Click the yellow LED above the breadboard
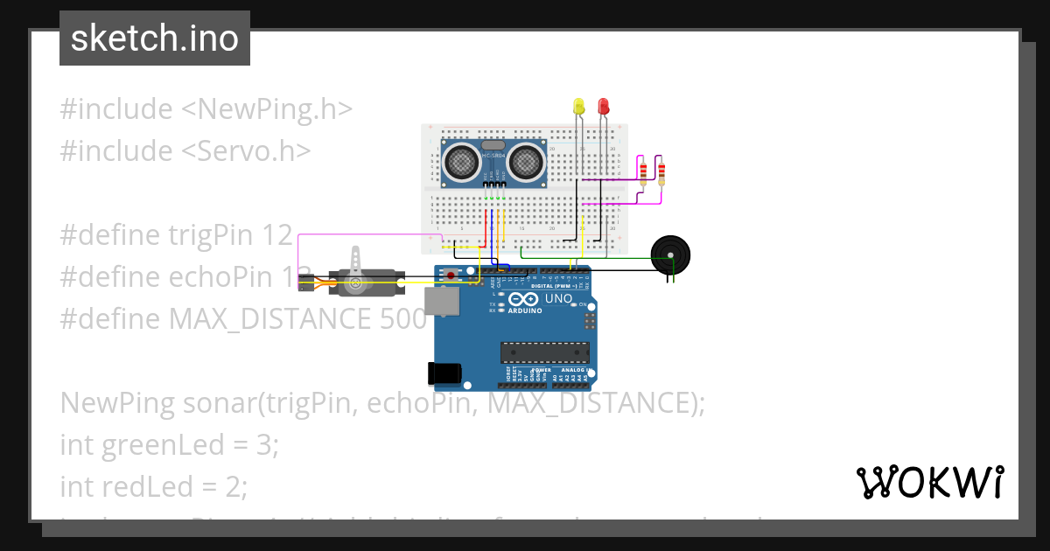[x=577, y=107]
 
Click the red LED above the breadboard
[x=603, y=107]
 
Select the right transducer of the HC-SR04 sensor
[x=525, y=161]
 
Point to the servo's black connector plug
[x=305, y=282]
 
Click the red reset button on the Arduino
[x=451, y=275]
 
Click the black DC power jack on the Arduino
[x=444, y=373]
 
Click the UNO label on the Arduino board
[x=558, y=299]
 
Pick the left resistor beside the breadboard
[x=645, y=171]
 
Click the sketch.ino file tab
[x=155, y=38]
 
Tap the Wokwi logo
[x=929, y=482]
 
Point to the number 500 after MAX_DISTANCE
[x=403, y=318]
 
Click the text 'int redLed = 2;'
[x=154, y=485]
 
